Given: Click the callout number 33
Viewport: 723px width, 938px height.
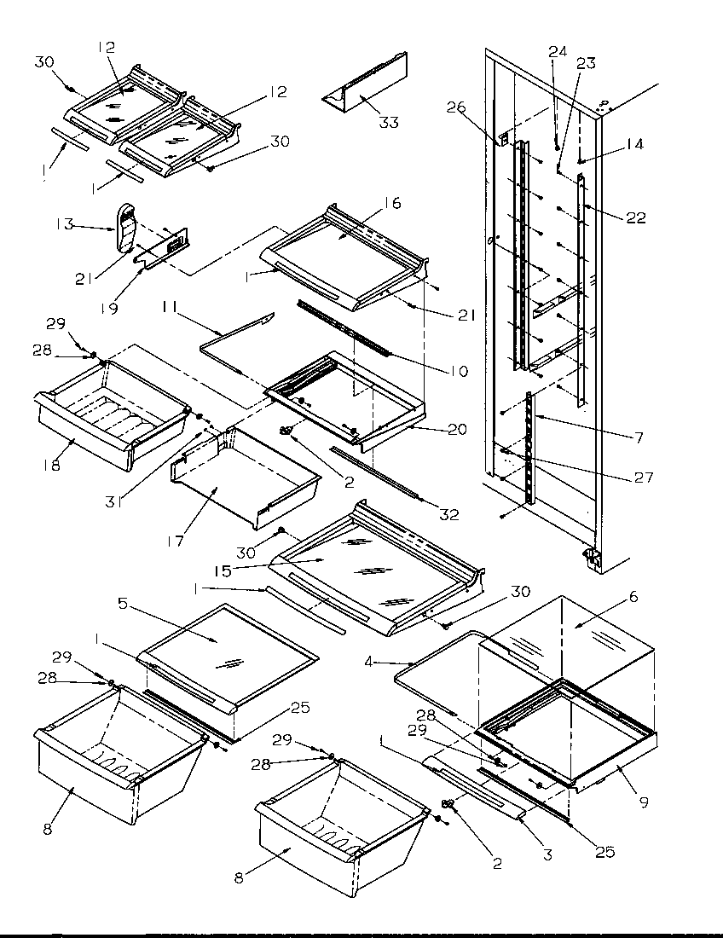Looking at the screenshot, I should click(x=388, y=123).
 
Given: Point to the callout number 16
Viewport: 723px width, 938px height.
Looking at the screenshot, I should click(x=391, y=203).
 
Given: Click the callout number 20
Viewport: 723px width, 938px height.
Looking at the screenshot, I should click(x=457, y=430).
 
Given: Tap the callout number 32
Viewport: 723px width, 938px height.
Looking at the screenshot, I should click(x=448, y=514).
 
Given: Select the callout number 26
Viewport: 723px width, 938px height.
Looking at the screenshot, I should click(x=456, y=107).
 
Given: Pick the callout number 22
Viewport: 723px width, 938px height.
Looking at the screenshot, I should click(x=634, y=218).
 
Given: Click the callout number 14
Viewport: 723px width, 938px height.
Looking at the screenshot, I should click(x=634, y=145).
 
